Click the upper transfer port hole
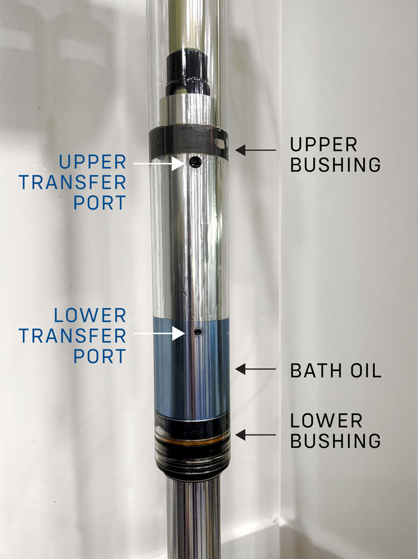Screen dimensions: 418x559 click(195, 161)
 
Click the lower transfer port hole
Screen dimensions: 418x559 click(198, 332)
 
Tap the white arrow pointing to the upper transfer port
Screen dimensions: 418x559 click(158, 163)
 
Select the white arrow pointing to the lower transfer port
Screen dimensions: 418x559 click(159, 333)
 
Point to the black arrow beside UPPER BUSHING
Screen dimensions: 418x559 click(255, 150)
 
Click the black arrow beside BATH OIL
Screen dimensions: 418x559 click(255, 369)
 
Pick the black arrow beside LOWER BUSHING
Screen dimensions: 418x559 click(255, 435)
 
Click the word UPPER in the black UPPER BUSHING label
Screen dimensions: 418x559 click(324, 145)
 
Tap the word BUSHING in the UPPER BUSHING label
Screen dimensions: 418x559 click(336, 165)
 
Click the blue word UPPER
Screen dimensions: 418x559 click(93, 162)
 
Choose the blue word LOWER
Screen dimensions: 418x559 click(90, 316)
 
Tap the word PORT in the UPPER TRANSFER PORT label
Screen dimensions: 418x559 click(100, 203)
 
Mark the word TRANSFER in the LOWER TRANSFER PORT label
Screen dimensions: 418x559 click(73, 335)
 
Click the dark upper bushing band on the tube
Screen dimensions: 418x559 click(189, 142)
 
